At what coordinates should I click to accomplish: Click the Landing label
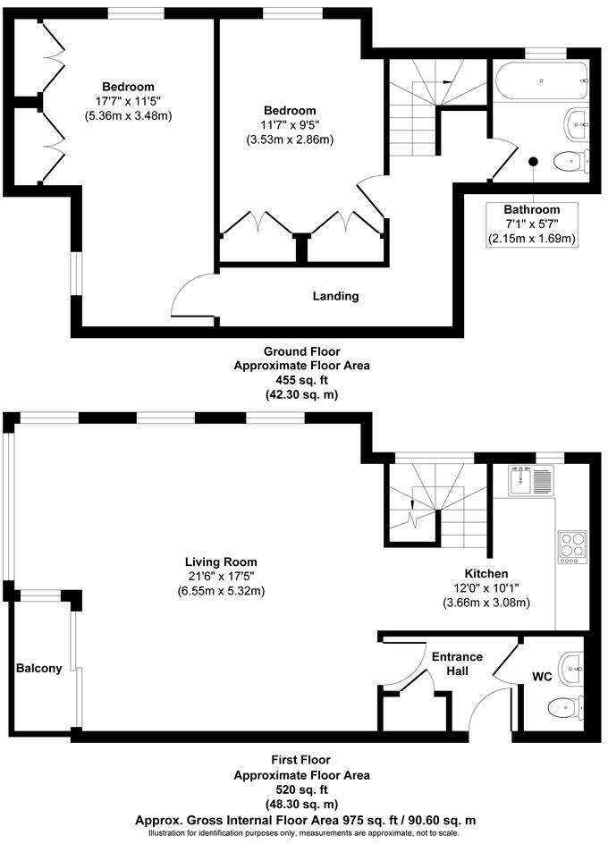[335, 296]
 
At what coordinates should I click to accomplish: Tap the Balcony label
[38, 668]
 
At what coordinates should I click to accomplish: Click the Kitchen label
[486, 573]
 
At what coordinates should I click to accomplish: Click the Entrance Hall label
[457, 663]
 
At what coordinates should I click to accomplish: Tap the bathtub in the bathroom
[542, 82]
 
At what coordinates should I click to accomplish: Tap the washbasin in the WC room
[571, 666]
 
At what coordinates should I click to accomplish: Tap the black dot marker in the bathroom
[533, 162]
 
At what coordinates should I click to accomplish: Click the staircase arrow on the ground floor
[444, 80]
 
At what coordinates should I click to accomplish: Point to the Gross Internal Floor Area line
[305, 818]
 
